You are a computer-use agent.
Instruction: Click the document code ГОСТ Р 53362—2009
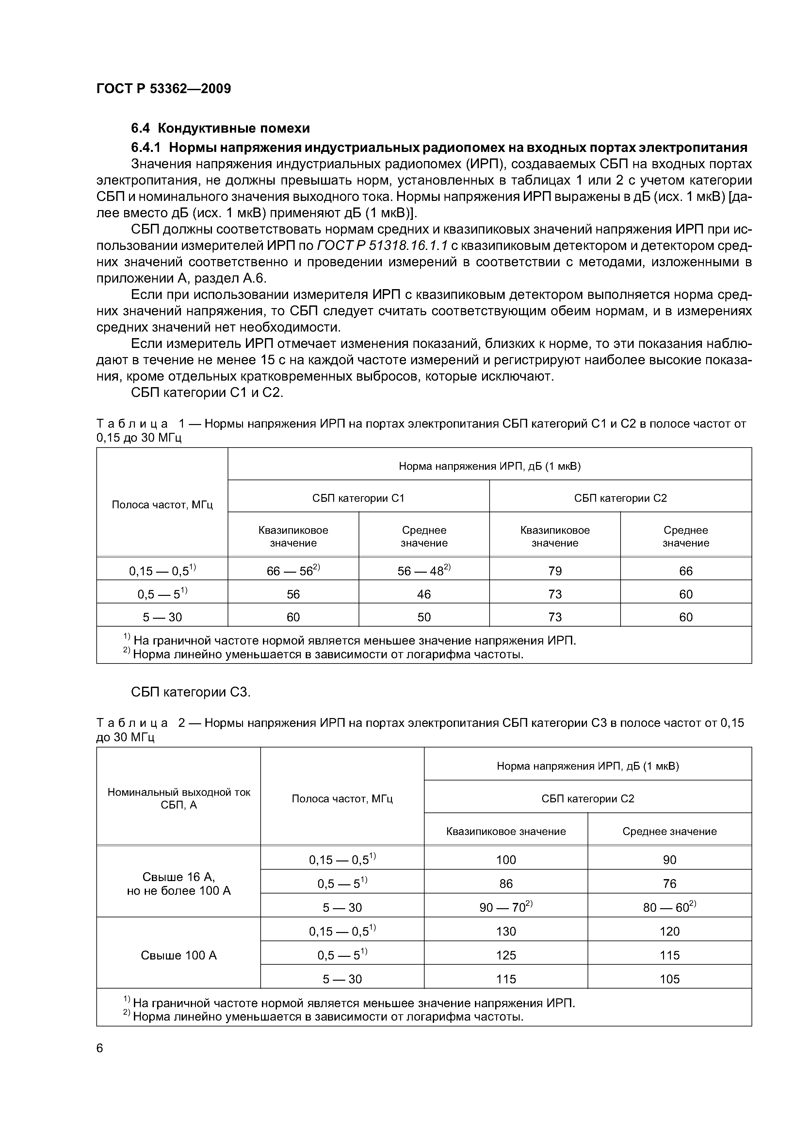tap(164, 89)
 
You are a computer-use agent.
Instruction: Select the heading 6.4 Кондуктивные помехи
tap(220, 128)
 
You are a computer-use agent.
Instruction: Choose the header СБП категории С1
tap(358, 498)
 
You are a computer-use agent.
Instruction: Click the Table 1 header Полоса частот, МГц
tap(162, 505)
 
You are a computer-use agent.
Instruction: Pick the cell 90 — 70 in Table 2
tap(506, 907)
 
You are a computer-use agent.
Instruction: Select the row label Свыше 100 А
tap(179, 955)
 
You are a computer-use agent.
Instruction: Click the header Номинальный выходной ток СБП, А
tap(179, 799)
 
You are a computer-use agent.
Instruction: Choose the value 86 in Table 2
tap(506, 883)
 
